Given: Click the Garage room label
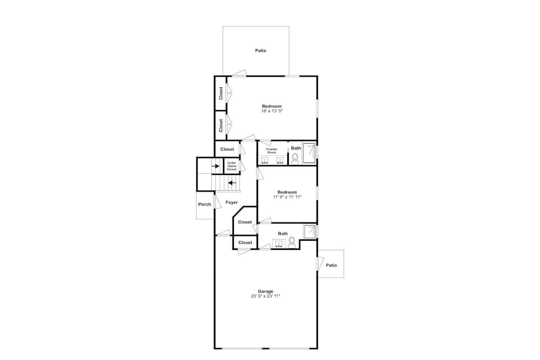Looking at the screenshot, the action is (x=266, y=291).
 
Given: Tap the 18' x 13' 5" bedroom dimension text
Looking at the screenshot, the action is (x=272, y=111).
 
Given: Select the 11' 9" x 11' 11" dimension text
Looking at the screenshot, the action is (x=287, y=197).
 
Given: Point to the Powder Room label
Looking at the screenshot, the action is (x=272, y=151).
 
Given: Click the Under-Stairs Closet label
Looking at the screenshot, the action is (x=232, y=166).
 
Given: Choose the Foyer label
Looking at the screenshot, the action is (x=232, y=202).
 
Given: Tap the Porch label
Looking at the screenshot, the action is (x=205, y=204).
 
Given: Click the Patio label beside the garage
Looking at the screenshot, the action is (x=332, y=265).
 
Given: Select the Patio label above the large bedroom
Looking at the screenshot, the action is (x=261, y=50).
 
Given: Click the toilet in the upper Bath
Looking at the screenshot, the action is (x=295, y=158).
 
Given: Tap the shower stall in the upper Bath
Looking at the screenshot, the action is (x=309, y=153).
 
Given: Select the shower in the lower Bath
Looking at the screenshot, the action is (x=310, y=232).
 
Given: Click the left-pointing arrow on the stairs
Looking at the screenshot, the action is (x=232, y=183).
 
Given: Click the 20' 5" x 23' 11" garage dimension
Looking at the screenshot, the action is (x=266, y=296).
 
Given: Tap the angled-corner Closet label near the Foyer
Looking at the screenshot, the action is (x=245, y=222).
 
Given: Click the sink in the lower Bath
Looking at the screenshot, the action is (x=278, y=243).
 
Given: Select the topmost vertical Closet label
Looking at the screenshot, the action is (x=221, y=93).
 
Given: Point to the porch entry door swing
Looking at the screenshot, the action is (x=217, y=202).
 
